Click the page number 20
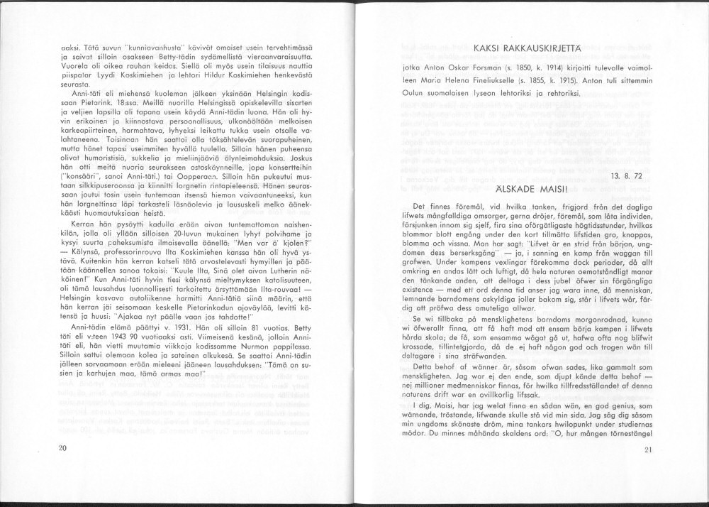pyautogui.click(x=62, y=447)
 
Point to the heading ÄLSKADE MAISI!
pyautogui.click(x=536, y=189)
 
